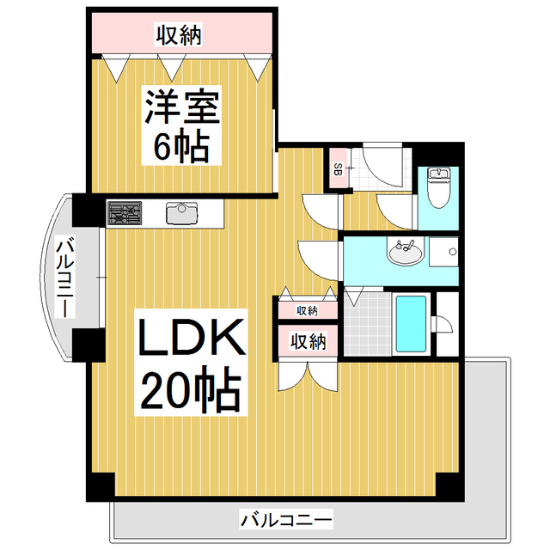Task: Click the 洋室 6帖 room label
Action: [181, 125]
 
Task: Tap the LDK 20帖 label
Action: [191, 363]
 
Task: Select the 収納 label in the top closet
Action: [179, 34]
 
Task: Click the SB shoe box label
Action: [338, 169]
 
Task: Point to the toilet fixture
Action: [438, 187]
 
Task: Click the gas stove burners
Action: [125, 213]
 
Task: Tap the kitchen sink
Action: [181, 213]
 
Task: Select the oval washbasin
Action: [405, 251]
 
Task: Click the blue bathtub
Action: [411, 324]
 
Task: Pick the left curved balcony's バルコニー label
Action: [65, 277]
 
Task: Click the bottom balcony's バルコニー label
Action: [286, 519]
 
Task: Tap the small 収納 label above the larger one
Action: [307, 310]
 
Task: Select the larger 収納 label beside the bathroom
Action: [309, 341]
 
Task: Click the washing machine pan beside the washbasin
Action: [443, 252]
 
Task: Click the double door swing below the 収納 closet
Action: [308, 376]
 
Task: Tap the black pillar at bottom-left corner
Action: [101, 487]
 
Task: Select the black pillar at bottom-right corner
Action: [450, 487]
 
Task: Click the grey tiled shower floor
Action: [368, 324]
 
